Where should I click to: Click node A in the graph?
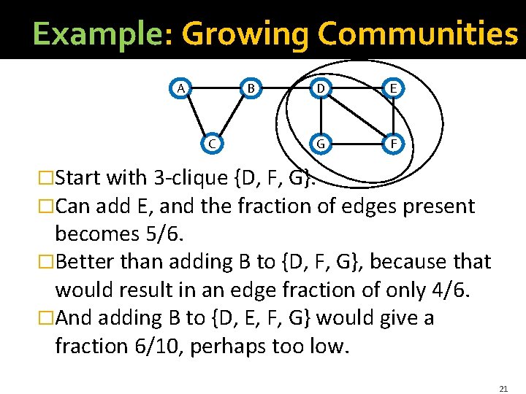click(x=180, y=88)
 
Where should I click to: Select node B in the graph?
click(x=251, y=88)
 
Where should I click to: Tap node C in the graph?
click(x=212, y=143)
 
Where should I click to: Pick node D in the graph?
click(x=320, y=88)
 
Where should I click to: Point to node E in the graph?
click(x=393, y=88)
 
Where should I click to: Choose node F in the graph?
click(x=393, y=143)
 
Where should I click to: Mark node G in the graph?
click(x=320, y=143)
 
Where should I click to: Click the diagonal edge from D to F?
click(x=357, y=116)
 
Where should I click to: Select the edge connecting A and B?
click(x=216, y=88)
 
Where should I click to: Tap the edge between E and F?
click(x=393, y=116)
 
